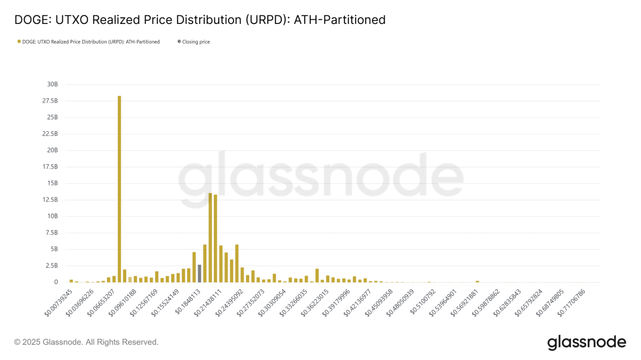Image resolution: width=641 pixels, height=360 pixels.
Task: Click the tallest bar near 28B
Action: click(119, 188)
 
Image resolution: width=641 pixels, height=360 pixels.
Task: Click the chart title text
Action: click(200, 20)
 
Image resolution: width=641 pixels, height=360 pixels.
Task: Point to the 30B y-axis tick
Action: click(52, 84)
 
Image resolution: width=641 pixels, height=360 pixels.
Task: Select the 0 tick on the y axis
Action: click(56, 282)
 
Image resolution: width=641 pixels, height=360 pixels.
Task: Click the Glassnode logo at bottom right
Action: click(586, 343)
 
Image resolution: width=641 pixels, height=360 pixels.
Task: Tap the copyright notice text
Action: click(86, 342)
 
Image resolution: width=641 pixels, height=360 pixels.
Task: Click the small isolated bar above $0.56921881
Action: click(477, 281)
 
